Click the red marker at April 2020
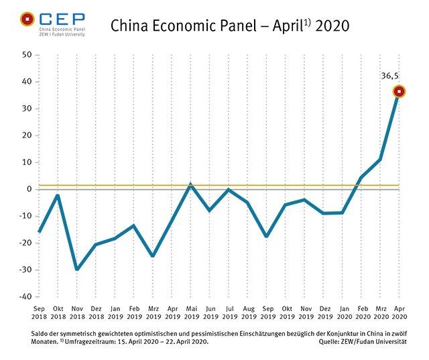pos(400,91)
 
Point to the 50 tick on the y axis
pos(27,55)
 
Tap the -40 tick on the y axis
pos(25,296)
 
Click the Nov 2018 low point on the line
pos(77,269)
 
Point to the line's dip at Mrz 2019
pos(153,255)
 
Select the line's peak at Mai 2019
pos(191,184)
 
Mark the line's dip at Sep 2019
pos(267,237)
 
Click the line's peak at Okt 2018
pos(58,195)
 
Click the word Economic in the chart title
pos(175,26)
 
